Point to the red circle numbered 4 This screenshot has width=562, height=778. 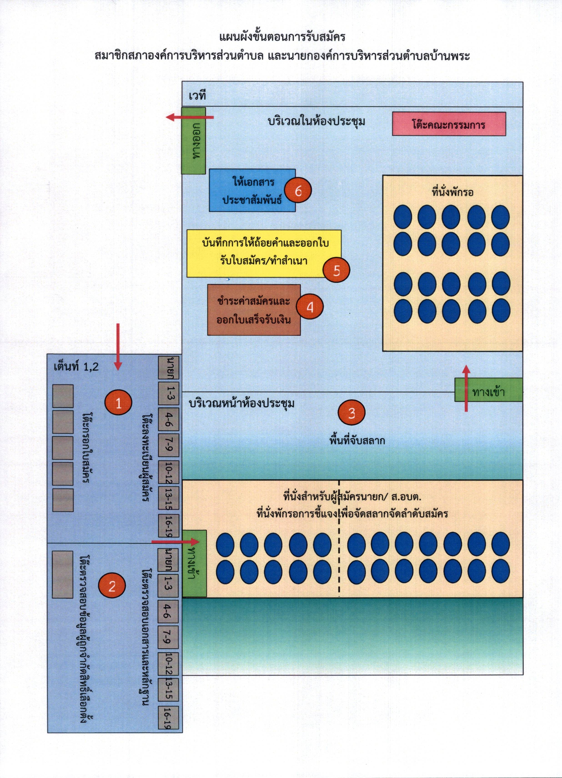(x=310, y=307)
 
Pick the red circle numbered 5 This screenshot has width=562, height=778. (x=336, y=270)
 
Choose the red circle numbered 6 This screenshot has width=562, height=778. (x=298, y=191)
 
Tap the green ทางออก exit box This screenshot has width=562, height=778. (x=194, y=141)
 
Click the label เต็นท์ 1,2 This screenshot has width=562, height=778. (x=76, y=367)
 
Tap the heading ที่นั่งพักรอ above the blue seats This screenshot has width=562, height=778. (x=452, y=192)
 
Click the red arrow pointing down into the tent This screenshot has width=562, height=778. (x=118, y=347)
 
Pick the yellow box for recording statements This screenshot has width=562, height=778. (x=264, y=253)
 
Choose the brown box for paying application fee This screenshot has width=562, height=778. (x=254, y=310)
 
